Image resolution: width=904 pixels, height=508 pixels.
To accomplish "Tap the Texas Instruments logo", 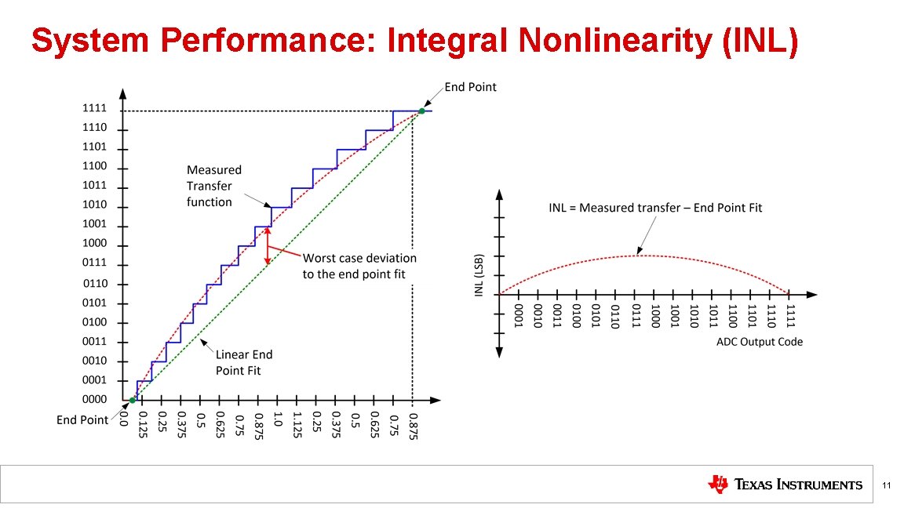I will pos(784,484).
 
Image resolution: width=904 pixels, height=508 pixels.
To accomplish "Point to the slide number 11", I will pos(886,487).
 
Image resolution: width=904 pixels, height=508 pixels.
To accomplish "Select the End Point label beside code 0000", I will pos(82,420).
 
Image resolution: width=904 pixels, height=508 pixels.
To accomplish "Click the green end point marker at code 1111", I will pos(421,111).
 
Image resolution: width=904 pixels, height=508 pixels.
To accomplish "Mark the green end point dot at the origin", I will pos(132,401).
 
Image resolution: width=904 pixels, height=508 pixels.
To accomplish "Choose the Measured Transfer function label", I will pos(213,186).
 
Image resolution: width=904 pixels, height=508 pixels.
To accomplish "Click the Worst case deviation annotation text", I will pos(359,265).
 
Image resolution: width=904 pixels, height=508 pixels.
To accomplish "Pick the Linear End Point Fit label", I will pos(244,362).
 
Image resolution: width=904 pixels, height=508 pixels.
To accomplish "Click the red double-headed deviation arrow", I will pos(268,245).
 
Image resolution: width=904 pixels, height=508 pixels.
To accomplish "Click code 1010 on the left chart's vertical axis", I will pos(95,205).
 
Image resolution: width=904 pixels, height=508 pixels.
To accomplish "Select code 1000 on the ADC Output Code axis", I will pos(654,317).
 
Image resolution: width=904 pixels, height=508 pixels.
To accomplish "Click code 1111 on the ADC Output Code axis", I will pos(790,317).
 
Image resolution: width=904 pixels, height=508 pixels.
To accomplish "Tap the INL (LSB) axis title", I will pos(479,274).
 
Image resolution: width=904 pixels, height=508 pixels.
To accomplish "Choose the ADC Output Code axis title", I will pos(759,342).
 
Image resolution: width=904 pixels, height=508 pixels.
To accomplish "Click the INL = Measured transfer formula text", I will pos(654,208).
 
